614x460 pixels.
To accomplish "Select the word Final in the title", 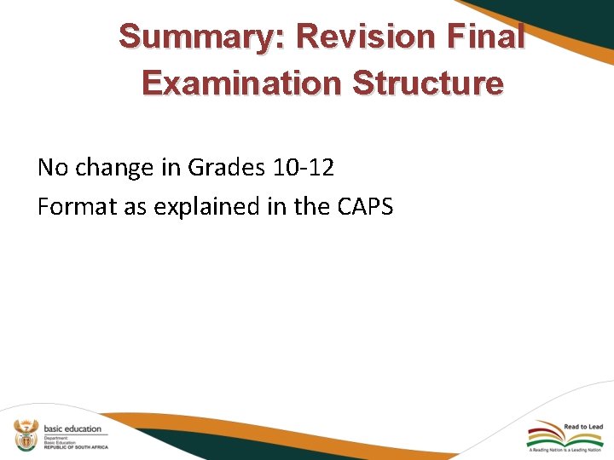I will coord(492,37).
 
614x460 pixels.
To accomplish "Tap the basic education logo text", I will coord(72,428).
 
